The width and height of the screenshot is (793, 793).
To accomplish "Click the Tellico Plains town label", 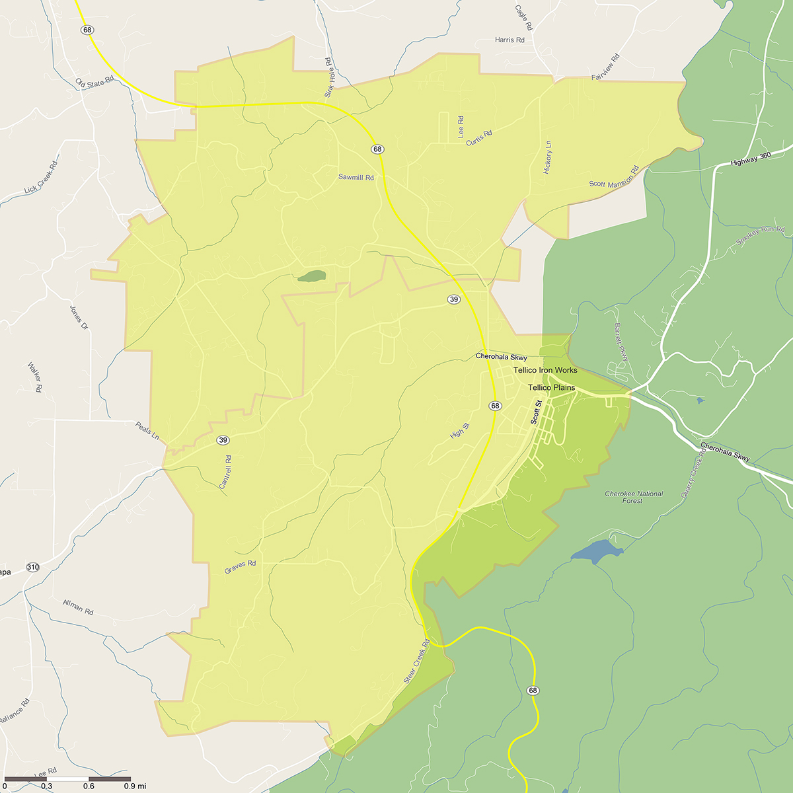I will (x=551, y=388).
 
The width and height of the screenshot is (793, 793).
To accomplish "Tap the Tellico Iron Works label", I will (x=545, y=370).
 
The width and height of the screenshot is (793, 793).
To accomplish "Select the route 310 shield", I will (x=33, y=567).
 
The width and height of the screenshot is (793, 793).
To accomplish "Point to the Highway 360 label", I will (x=751, y=159).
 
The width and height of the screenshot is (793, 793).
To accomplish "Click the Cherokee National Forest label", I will (x=633, y=497).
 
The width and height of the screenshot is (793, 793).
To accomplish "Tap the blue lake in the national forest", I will (x=595, y=550).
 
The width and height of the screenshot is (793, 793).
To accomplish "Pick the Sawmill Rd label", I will (x=356, y=178).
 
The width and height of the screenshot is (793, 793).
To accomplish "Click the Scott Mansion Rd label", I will (x=614, y=177).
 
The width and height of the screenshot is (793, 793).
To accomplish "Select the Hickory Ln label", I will (x=547, y=157).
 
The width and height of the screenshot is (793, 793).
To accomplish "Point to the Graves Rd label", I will (x=240, y=566).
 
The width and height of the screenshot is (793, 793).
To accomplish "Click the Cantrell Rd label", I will (x=225, y=472).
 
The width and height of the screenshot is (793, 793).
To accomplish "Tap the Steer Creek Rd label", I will (x=416, y=661).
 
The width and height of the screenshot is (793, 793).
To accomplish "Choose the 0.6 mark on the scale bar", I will (x=89, y=786).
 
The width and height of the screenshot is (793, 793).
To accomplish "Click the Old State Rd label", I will (x=94, y=83).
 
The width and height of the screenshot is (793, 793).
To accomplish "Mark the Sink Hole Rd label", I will (x=328, y=78).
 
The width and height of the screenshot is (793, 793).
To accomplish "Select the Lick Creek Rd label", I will (x=41, y=178).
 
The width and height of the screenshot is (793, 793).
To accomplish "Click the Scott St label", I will (x=536, y=412).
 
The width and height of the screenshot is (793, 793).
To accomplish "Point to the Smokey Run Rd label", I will (x=760, y=236).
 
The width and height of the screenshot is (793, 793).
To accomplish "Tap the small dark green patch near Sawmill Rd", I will (x=311, y=276).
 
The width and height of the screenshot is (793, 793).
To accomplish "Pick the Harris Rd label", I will (x=510, y=40).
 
